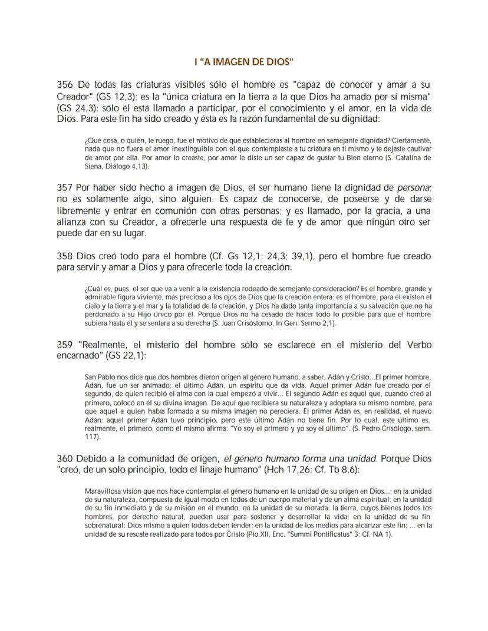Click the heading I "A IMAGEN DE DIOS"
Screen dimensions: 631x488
tap(244, 61)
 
